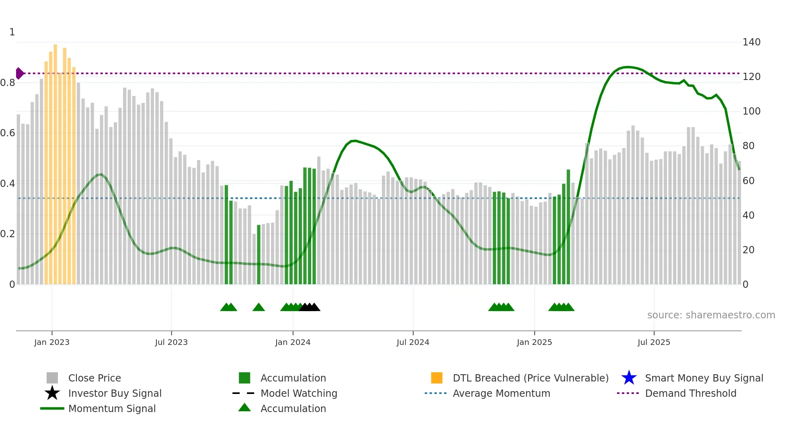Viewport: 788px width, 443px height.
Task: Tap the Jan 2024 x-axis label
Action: tap(293, 342)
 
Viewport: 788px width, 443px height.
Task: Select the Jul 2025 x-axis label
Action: tap(654, 342)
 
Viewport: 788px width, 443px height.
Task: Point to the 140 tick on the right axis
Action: tap(751, 42)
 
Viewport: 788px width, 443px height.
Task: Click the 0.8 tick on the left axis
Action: tap(8, 83)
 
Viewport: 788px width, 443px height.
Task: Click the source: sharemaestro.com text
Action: tap(711, 315)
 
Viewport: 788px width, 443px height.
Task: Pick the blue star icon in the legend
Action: tap(629, 378)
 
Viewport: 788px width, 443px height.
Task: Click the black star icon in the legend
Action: tap(52, 393)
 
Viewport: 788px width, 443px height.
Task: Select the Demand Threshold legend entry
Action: tap(690, 393)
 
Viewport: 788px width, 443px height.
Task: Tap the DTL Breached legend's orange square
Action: tap(437, 378)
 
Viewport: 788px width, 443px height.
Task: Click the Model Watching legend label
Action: tap(299, 393)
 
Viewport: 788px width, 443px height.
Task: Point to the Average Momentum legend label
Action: tap(501, 393)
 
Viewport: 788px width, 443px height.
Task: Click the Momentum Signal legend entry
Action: tap(112, 408)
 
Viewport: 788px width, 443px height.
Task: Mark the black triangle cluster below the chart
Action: tap(310, 307)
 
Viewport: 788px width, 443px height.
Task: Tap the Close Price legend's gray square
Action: tap(52, 378)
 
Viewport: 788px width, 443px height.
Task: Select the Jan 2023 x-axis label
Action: tap(52, 342)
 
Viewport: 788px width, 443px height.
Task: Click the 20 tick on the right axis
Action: tap(748, 250)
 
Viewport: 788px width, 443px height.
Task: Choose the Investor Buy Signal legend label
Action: tap(115, 393)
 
